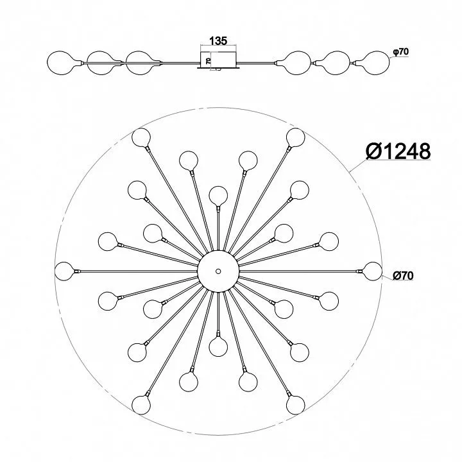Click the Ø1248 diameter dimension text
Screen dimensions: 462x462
(x=398, y=151)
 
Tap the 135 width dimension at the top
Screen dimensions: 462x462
(x=218, y=41)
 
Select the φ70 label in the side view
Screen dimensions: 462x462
(x=400, y=51)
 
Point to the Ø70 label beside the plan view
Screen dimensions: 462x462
(x=403, y=275)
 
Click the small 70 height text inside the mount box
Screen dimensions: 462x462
(x=208, y=62)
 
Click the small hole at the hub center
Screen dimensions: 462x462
(x=218, y=271)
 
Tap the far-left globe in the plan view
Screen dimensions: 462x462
(x=64, y=271)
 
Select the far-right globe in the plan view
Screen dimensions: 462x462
(x=372, y=271)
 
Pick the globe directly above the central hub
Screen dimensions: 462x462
(x=218, y=195)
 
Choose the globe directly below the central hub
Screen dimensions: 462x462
(x=218, y=346)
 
